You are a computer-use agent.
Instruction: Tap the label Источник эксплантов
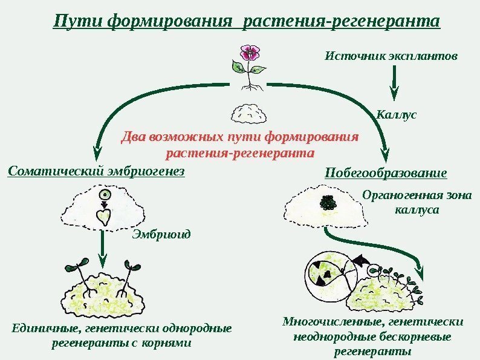click(391, 56)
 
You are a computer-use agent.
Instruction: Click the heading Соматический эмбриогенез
click(96, 171)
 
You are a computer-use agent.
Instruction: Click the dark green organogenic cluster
click(328, 203)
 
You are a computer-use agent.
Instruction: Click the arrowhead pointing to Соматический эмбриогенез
click(96, 151)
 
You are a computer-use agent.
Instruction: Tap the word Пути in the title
click(77, 22)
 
